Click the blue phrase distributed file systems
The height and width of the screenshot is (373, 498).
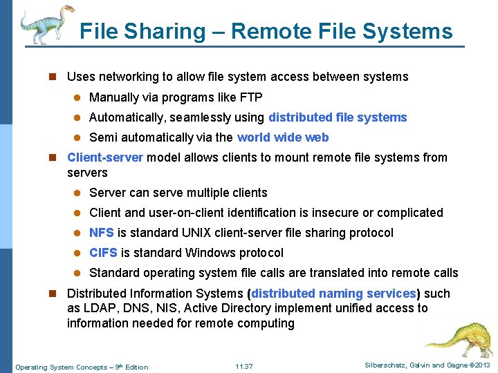pos(338,117)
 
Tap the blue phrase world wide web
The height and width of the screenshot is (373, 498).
pos(283,137)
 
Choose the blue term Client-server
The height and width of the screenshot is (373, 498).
pos(105,157)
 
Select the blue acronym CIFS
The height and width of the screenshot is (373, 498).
pos(103,253)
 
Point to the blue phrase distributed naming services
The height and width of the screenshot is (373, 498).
pos(334,294)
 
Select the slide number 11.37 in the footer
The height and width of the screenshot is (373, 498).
pos(243,367)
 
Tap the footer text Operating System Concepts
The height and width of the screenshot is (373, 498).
pos(61,367)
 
